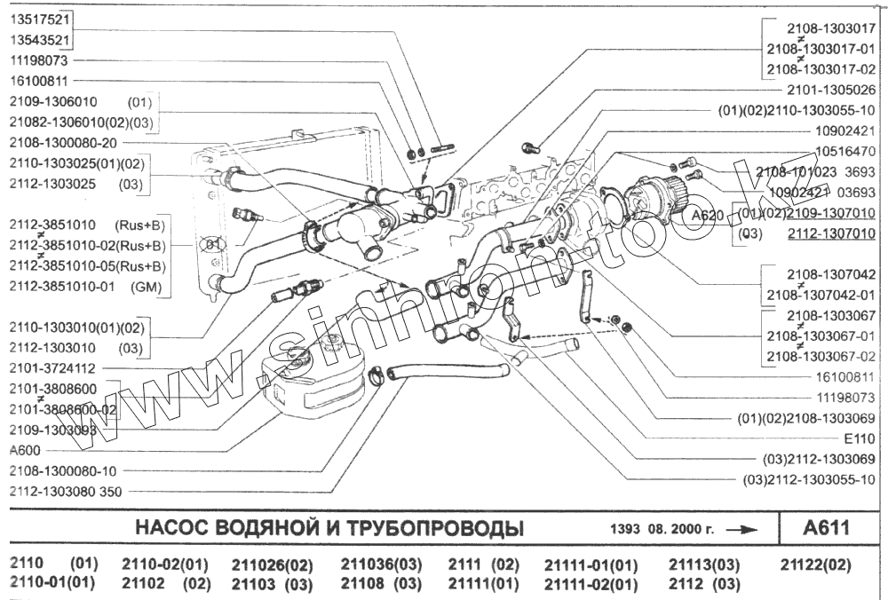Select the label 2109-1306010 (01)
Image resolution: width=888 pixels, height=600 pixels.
pyautogui.click(x=81, y=101)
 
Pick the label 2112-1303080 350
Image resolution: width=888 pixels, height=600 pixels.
pyautogui.click(x=66, y=491)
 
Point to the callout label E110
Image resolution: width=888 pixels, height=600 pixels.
pyautogui.click(x=860, y=438)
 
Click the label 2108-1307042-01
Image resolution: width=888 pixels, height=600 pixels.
pyautogui.click(x=821, y=295)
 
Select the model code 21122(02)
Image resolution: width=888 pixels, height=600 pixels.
pyautogui.click(x=816, y=564)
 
